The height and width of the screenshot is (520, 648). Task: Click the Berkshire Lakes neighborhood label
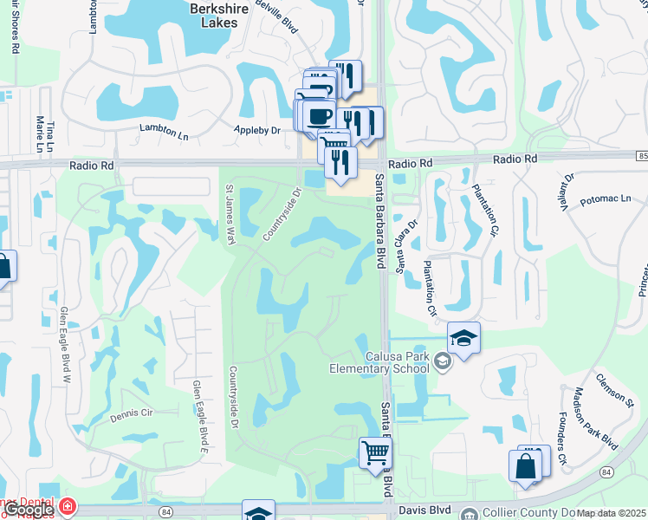(x=218, y=16)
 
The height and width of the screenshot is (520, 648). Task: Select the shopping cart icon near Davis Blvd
(x=375, y=452)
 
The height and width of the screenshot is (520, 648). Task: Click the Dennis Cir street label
(x=130, y=415)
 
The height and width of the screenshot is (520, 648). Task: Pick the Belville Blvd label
(x=281, y=16)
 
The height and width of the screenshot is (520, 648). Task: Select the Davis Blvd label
(x=420, y=512)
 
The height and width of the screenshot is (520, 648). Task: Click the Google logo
(x=28, y=510)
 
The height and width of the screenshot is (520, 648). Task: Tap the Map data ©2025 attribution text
(x=611, y=513)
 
